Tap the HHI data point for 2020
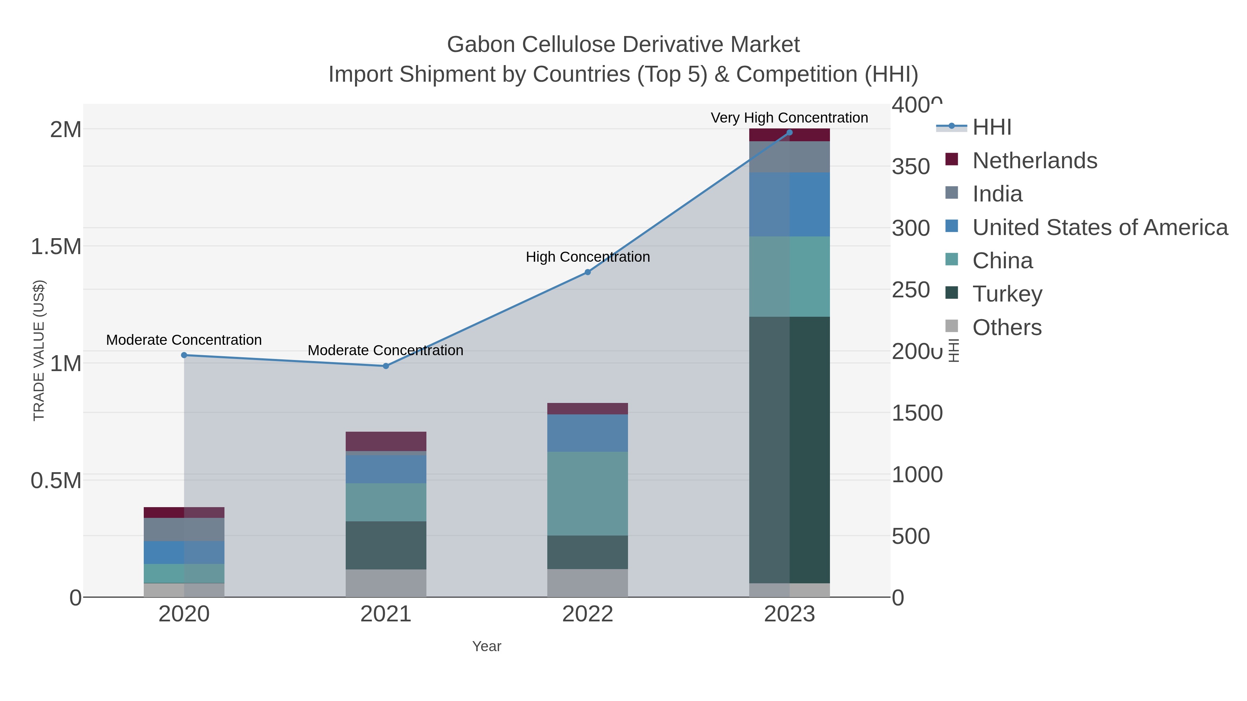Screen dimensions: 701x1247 [184, 355]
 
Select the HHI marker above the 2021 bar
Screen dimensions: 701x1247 [386, 366]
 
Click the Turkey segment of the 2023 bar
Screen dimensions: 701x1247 [789, 450]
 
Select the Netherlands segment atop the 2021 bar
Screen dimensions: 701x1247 [386, 441]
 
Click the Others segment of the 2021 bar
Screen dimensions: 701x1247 [386, 583]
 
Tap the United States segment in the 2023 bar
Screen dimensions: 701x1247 [789, 204]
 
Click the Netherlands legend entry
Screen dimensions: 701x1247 [1034, 160]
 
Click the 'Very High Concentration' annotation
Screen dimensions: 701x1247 [789, 118]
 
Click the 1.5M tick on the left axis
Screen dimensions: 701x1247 [56, 246]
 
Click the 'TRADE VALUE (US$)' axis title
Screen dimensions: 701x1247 [39, 350]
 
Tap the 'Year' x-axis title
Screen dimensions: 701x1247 [487, 646]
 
